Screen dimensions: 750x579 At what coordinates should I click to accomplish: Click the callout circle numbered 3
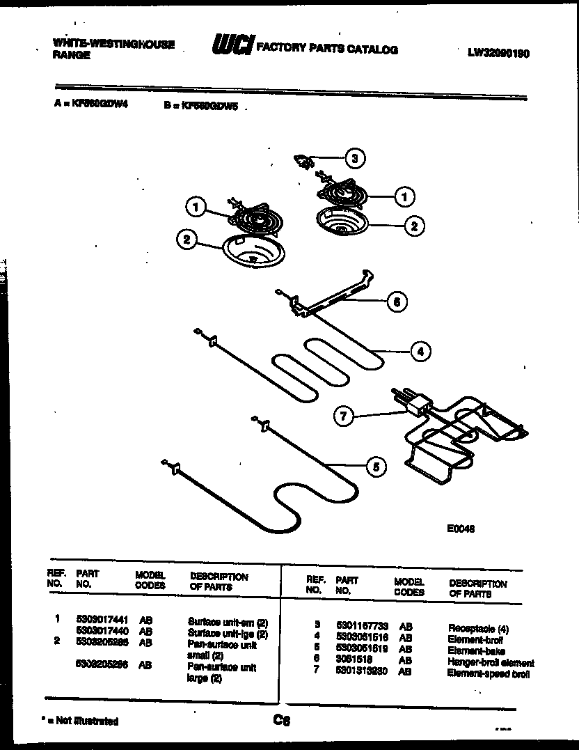pyautogui.click(x=355, y=158)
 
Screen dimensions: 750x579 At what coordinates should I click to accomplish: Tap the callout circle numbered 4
pyautogui.click(x=420, y=352)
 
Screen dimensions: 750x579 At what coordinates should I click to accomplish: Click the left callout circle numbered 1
pyautogui.click(x=196, y=206)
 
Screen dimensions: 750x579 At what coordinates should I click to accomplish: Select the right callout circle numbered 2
pyautogui.click(x=414, y=225)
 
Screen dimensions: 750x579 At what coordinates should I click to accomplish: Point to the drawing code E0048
pyautogui.click(x=461, y=529)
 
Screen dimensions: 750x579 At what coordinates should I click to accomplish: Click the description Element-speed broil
pyautogui.click(x=489, y=673)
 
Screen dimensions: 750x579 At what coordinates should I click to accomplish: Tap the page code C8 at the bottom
pyautogui.click(x=281, y=721)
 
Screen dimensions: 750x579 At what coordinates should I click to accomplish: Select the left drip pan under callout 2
pyautogui.click(x=248, y=252)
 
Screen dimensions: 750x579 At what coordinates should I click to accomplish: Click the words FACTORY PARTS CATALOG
pyautogui.click(x=327, y=49)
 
